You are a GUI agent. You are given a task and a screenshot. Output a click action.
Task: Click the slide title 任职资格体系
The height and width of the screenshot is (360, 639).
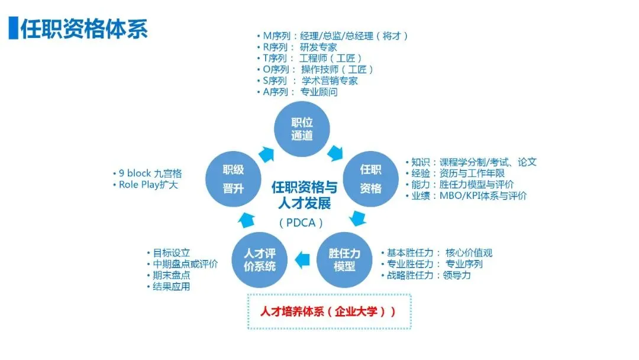click(x=84, y=28)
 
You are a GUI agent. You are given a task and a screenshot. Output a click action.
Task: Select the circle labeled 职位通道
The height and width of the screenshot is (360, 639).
click(x=302, y=129)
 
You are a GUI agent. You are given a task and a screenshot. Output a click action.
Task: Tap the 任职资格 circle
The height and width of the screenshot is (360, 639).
click(x=371, y=179)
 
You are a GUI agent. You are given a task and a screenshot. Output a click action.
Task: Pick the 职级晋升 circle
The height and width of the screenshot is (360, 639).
click(x=233, y=179)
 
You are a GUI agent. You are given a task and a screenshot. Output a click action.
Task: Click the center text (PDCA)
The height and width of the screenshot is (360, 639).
click(x=302, y=223)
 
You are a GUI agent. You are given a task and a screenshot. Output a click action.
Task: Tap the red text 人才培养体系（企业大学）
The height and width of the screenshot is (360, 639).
click(x=328, y=311)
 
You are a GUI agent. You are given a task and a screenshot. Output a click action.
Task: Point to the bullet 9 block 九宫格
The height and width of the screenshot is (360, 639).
click(x=148, y=173)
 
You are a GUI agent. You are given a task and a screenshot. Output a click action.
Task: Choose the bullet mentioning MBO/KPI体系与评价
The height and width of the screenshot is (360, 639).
click(x=467, y=195)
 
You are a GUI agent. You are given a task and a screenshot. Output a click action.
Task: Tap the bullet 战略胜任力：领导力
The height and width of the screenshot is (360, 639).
click(x=427, y=275)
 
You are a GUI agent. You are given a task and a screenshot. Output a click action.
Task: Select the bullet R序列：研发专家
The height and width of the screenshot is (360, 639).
click(x=299, y=47)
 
